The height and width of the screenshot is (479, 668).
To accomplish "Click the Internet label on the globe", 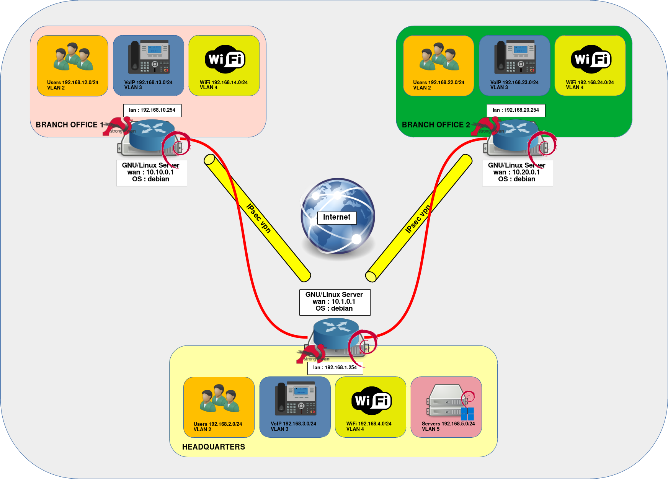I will (337, 218).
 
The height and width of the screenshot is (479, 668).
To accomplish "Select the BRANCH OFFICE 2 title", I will (436, 125).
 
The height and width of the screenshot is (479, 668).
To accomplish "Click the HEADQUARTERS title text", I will (213, 447).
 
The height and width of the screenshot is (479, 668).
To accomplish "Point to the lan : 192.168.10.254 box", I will (152, 110).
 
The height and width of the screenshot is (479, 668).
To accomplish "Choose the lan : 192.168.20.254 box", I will (516, 110).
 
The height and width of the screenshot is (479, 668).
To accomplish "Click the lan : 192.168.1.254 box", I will (335, 368).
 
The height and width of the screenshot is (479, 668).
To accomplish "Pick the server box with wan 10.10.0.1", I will (151, 173).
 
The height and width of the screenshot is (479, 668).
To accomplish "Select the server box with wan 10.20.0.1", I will (517, 173).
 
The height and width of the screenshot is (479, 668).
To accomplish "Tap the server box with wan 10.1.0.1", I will (335, 302).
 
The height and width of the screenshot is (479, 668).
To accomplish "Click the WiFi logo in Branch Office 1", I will (225, 59).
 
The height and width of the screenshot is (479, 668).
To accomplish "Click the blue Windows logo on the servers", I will (467, 414).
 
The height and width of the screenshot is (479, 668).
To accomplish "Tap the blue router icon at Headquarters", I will (336, 331).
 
